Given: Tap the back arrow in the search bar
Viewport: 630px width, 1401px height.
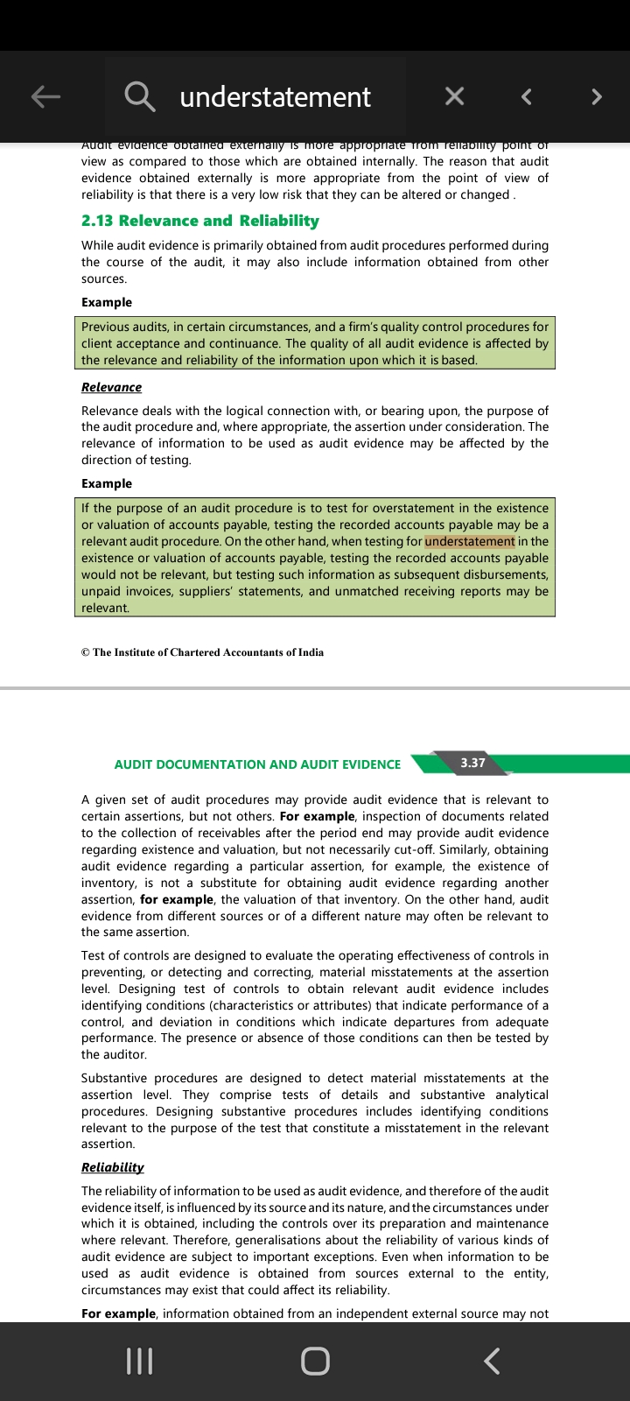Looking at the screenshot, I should [x=45, y=96].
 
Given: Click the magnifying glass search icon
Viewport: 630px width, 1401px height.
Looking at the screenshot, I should [x=140, y=96].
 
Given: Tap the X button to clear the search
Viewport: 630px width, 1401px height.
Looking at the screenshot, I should [x=454, y=96].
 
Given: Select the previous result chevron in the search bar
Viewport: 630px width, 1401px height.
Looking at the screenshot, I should [x=526, y=96].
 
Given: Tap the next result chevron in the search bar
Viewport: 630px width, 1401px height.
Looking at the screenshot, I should [x=597, y=96].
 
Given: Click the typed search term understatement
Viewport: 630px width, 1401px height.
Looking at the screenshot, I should [x=275, y=96].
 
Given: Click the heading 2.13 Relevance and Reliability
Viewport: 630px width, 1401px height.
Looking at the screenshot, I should [x=199, y=221].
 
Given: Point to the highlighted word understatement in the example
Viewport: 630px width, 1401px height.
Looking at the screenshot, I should [x=470, y=541].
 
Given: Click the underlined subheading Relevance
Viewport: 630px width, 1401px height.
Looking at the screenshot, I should [x=111, y=387].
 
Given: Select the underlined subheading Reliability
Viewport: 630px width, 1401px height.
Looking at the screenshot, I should [x=112, y=1167].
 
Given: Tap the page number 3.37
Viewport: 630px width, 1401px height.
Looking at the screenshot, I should [x=472, y=763].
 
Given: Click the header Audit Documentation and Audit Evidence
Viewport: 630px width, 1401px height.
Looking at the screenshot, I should [x=257, y=764].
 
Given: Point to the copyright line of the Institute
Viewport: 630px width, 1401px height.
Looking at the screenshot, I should [x=202, y=652].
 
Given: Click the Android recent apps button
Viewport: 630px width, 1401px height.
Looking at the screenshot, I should [x=140, y=1361].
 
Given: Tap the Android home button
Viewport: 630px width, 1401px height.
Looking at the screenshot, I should [x=315, y=1361].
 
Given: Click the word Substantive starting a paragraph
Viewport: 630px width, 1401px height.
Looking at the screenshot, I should [x=117, y=1078].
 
